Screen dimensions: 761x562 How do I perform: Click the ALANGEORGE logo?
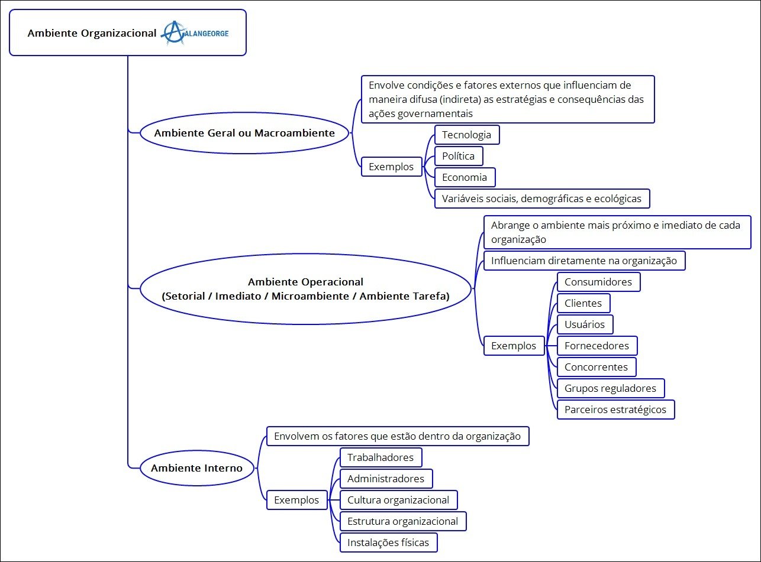[x=195, y=33]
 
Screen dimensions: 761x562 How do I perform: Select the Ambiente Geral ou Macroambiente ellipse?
[x=244, y=133]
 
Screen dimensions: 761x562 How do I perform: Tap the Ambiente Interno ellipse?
[x=197, y=468]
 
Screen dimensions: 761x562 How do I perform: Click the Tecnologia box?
[x=467, y=135]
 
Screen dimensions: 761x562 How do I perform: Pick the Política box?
[x=459, y=156]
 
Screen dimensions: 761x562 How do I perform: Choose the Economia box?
[x=465, y=177]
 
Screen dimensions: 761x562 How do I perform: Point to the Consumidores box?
[x=598, y=282]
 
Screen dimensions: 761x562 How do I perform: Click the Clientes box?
[x=583, y=303]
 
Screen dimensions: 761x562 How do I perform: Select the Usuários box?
[x=585, y=324]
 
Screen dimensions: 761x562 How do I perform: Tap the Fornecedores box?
[x=597, y=346]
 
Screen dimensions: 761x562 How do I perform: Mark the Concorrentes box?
[x=596, y=367]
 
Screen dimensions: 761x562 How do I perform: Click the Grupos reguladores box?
[x=610, y=388]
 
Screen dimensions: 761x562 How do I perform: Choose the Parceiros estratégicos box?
[x=615, y=410]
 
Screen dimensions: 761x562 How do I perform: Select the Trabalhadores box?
[x=381, y=457]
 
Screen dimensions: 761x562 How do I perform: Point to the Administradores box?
[x=386, y=479]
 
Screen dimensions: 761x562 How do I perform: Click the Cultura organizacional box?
[x=398, y=500]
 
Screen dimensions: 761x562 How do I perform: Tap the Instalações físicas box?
[x=388, y=542]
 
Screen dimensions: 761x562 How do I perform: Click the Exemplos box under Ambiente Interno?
[x=297, y=500]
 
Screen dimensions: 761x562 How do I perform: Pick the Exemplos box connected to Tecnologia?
[x=392, y=167]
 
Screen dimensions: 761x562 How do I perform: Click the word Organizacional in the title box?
[x=118, y=33]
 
